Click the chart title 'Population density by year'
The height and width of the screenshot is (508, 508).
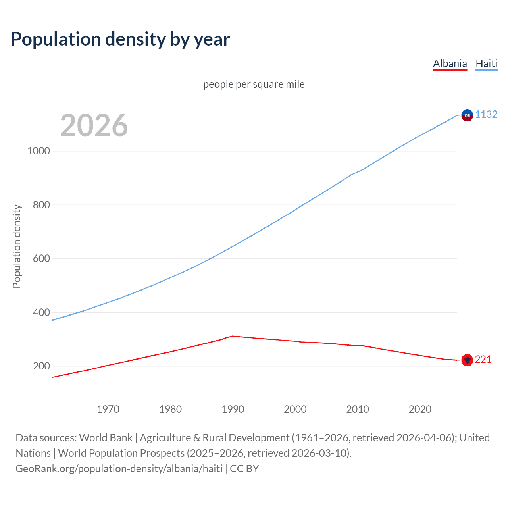coord(120,39)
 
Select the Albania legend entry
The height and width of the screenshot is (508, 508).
coord(450,63)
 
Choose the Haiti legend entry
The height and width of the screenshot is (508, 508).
coord(486,63)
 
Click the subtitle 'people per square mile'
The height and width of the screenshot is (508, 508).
coord(254,84)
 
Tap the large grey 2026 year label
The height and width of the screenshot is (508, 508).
coord(94,125)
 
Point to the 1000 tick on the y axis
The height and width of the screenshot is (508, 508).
coord(38,151)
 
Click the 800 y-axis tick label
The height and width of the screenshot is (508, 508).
coord(41,205)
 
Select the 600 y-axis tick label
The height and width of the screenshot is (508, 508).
coord(41,258)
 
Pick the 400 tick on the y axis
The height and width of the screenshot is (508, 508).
coord(41,312)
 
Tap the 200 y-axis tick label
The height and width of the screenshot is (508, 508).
coord(41,366)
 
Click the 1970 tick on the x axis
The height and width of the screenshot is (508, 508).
coord(108,409)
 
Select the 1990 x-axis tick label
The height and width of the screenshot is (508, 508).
coord(233,409)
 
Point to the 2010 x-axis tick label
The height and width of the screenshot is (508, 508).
coord(358,409)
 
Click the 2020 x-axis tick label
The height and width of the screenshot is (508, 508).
coord(420,409)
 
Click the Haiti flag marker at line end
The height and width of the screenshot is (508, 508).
coord(467,115)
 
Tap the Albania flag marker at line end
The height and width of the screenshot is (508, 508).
coord(467,360)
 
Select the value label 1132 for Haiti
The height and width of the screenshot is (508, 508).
coord(486,114)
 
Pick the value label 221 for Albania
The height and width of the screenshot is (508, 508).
coord(483,359)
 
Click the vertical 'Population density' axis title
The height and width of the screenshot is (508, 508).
coord(17,246)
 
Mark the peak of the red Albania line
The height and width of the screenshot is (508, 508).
coord(233,336)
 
